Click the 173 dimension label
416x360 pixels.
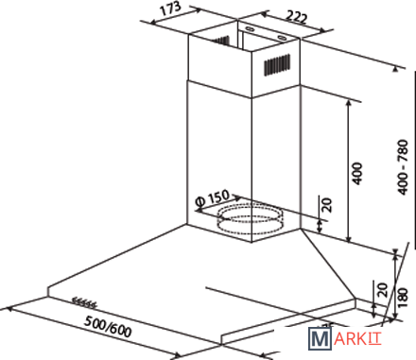coord(170,9)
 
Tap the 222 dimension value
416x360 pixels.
coord(296,17)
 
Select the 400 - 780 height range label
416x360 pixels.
coord(403,167)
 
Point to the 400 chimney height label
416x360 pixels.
coord(357,174)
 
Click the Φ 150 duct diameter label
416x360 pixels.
coord(212,198)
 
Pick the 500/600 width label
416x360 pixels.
coord(108,326)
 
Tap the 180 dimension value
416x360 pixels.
coord(403,297)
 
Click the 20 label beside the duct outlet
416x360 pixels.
coord(327,205)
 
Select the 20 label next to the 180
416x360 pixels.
coord(382,290)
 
